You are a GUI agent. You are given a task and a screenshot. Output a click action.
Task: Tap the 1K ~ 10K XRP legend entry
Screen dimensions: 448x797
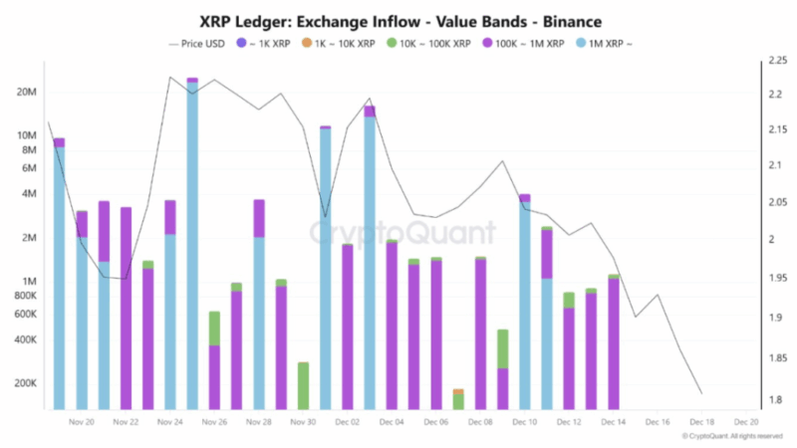[339, 44]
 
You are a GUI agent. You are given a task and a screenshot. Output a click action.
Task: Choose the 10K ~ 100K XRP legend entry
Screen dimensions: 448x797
[427, 44]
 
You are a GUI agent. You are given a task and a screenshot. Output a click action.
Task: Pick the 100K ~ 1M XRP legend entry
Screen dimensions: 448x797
[526, 44]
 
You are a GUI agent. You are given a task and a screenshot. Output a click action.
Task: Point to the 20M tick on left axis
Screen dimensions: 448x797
[25, 92]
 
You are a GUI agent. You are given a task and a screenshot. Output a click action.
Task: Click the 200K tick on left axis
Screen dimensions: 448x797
[23, 383]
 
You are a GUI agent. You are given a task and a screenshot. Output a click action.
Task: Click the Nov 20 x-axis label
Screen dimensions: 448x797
[82, 422]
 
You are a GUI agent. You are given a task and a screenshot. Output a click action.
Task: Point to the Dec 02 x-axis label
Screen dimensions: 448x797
[348, 422]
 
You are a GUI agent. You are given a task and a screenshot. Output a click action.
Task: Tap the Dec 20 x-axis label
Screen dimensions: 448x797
[747, 422]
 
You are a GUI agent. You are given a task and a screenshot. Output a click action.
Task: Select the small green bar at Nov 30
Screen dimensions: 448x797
[303, 386]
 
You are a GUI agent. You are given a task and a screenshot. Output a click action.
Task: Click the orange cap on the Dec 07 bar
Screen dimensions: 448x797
[458, 391]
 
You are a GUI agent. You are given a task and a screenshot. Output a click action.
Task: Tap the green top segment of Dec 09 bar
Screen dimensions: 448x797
[502, 348]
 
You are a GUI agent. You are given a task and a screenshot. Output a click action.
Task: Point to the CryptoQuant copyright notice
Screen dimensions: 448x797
[734, 436]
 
